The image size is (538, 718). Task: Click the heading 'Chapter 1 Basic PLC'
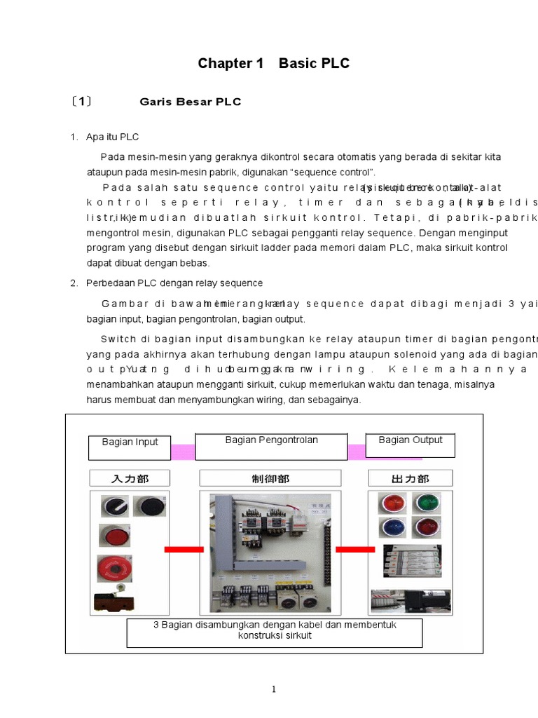point(273,64)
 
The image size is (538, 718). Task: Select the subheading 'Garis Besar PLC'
point(191,102)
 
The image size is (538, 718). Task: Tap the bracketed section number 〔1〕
point(81,101)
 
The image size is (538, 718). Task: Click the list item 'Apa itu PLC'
point(112,137)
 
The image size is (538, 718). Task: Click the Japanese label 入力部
point(130,479)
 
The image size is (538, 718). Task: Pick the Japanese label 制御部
point(270,479)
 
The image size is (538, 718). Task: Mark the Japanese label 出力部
point(411,479)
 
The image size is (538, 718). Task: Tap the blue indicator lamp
point(390,527)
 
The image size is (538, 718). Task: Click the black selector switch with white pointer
point(112,506)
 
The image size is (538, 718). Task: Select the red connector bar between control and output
point(355,550)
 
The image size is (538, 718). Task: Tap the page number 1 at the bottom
point(275,689)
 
